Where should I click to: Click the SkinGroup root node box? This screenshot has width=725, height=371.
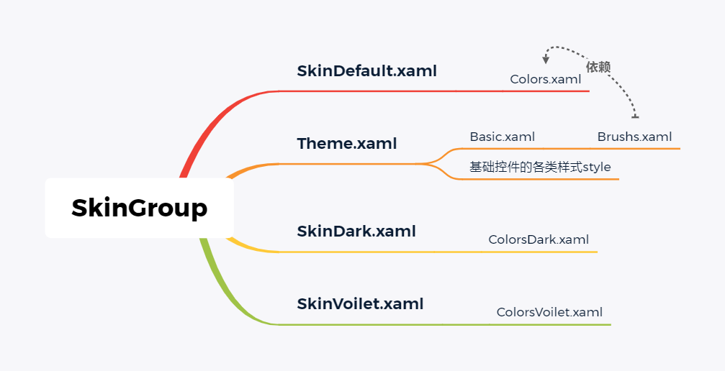139,208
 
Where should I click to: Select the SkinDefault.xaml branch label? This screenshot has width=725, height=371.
366,71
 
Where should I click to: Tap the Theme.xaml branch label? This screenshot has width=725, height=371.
346,143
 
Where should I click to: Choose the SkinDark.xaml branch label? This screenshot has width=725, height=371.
356,232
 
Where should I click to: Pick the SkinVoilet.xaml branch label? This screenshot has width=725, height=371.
360,303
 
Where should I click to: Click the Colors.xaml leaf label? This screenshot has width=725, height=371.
545,79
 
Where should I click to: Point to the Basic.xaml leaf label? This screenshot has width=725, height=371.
502,137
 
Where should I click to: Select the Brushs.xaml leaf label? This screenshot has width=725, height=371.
634,137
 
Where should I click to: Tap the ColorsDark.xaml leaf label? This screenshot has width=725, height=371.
539,239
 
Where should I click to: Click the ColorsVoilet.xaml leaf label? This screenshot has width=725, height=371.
549,312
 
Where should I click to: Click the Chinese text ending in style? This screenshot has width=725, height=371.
540,167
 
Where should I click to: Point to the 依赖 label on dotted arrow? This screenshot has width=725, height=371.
598,67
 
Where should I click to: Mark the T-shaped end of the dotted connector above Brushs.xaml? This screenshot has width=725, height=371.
635,116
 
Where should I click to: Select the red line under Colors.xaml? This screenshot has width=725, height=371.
547,91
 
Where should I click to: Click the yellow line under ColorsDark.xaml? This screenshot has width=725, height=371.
540,252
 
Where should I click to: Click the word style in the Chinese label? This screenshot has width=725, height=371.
597,167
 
